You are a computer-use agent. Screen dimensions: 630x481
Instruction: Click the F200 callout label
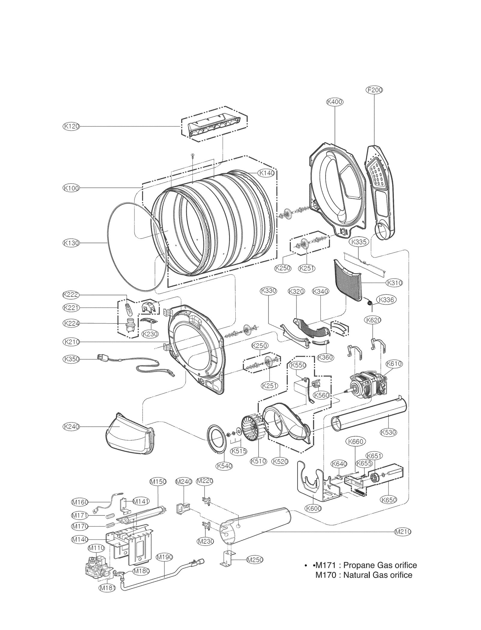coord(374,90)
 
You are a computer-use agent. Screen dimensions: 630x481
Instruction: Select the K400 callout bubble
coord(335,102)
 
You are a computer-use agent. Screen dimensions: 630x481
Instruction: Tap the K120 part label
coord(71,126)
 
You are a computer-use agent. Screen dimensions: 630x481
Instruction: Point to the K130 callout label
coord(71,243)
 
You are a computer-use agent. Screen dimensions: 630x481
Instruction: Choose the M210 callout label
coord(402,532)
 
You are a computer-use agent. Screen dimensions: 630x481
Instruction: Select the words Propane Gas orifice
coord(380,565)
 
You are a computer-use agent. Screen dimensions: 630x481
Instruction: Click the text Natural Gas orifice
coord(378,575)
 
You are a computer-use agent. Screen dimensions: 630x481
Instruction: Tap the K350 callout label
coord(71,359)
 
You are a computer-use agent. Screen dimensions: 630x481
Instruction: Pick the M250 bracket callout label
coord(255,560)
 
